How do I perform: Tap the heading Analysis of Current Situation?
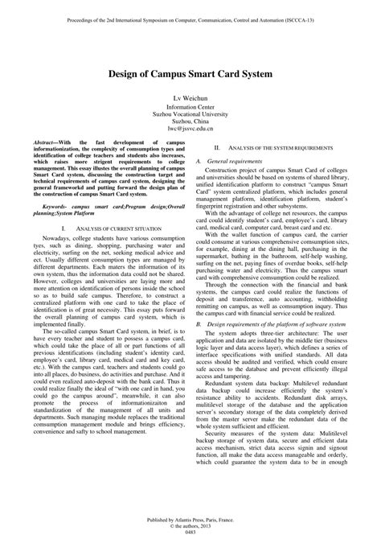(109, 207)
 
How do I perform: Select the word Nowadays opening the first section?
(59, 218)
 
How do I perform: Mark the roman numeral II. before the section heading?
(216, 150)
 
